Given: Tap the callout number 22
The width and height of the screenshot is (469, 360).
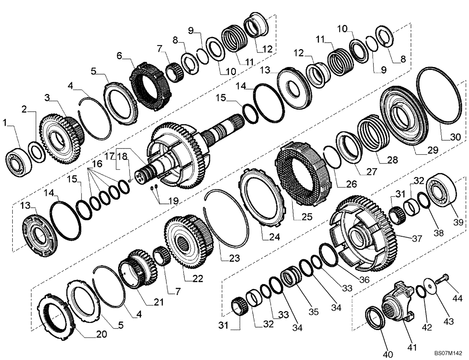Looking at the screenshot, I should [197, 278].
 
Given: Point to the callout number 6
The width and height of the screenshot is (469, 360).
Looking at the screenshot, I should [119, 55].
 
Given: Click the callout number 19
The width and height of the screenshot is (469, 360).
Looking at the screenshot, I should [173, 201].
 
